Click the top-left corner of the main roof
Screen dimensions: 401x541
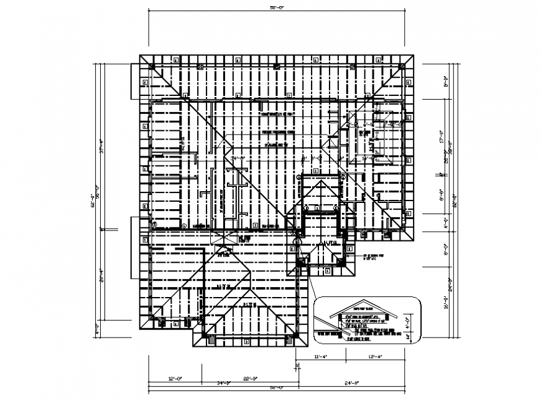point(139,55)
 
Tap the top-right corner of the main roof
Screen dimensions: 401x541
point(414,55)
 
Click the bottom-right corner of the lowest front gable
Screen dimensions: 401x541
point(307,346)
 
